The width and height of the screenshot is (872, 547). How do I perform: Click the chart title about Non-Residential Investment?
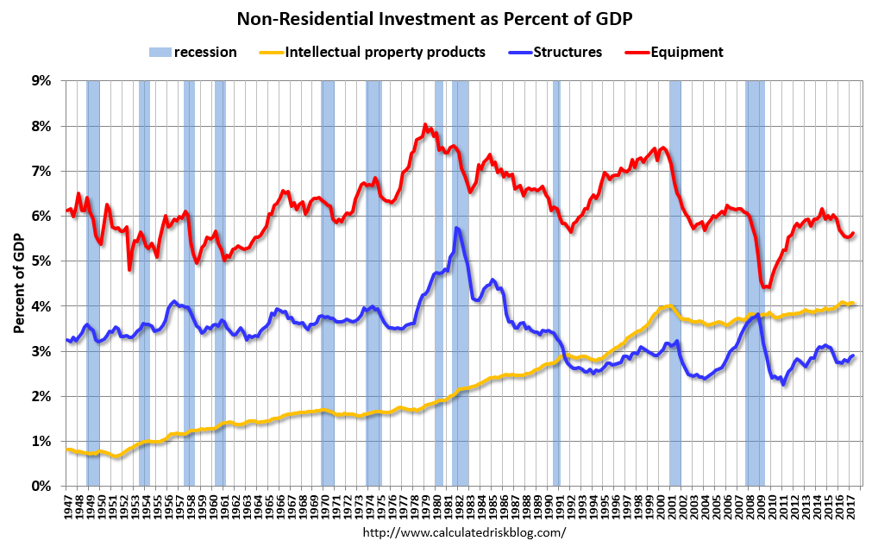[x=436, y=18]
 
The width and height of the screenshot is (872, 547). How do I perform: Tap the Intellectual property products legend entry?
[x=385, y=52]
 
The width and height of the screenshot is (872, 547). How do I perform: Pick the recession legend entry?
[x=205, y=52]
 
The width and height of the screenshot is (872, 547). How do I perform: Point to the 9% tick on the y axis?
[x=41, y=81]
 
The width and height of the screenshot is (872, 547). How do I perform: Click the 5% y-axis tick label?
[x=41, y=261]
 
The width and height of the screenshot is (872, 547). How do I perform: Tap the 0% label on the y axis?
[x=41, y=487]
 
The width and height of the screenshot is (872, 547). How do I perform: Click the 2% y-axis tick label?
[x=41, y=396]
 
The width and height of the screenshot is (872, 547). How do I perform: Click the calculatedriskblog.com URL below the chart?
[x=465, y=532]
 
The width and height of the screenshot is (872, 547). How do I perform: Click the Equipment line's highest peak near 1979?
[x=425, y=125]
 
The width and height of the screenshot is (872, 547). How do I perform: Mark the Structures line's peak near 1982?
[x=456, y=228]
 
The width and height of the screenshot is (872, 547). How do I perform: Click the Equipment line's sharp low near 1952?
[x=129, y=269]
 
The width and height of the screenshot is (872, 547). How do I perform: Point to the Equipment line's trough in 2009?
[x=764, y=287]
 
